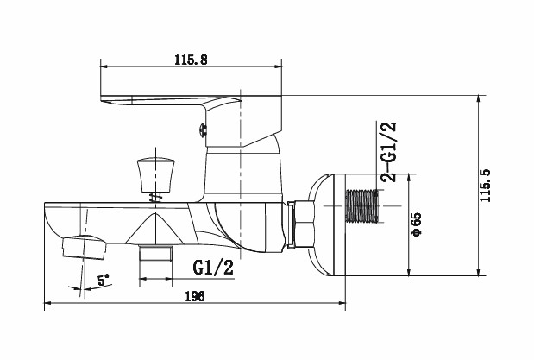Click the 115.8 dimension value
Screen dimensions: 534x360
(x=191, y=60)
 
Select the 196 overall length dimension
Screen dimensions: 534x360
(x=195, y=296)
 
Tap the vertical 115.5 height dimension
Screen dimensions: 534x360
(x=485, y=186)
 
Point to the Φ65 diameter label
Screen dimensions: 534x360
(x=416, y=224)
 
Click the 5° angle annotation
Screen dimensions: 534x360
(x=104, y=281)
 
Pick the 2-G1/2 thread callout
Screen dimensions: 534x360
(x=388, y=152)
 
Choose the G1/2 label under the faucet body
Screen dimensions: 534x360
(x=213, y=267)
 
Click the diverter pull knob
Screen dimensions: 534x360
(x=155, y=174)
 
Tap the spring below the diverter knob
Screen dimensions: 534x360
(x=156, y=197)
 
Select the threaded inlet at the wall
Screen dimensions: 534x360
(x=361, y=206)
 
